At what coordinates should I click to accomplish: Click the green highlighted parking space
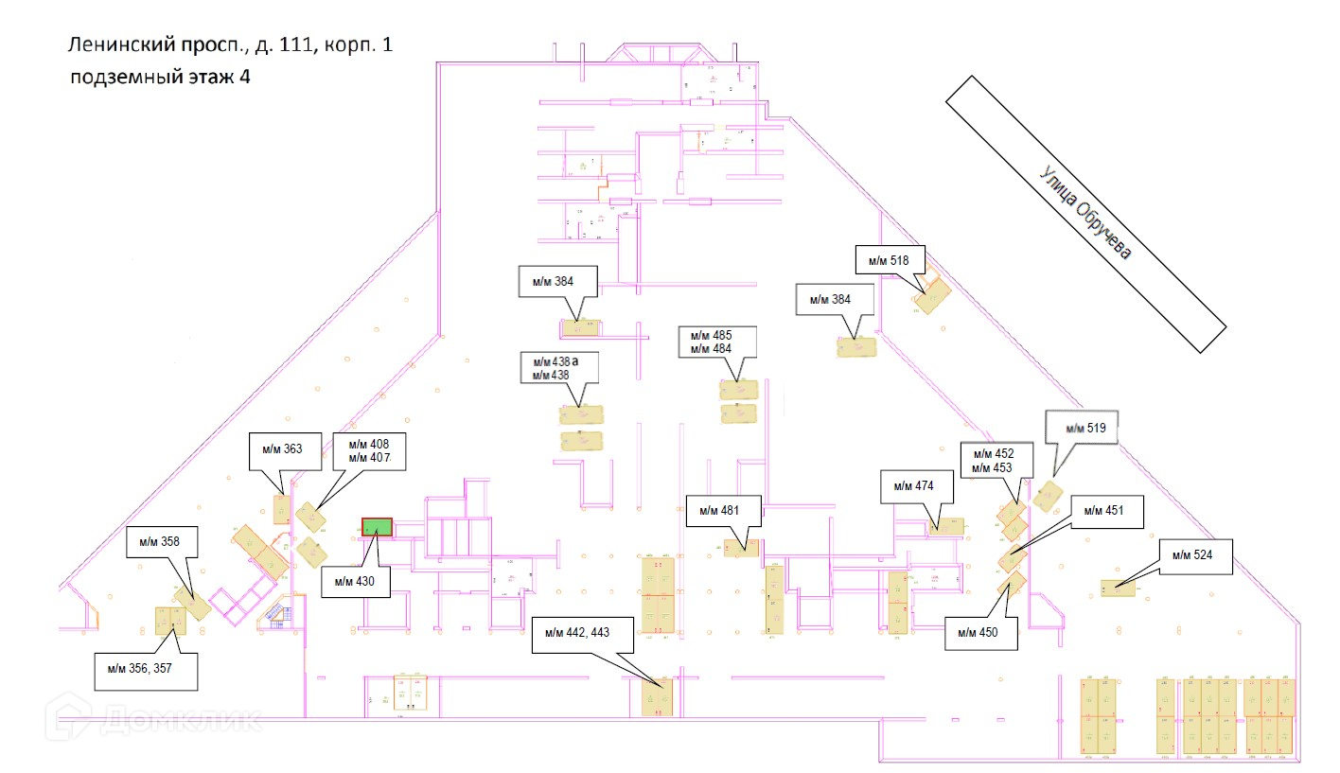(377, 526)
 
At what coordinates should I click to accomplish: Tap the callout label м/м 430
(355, 581)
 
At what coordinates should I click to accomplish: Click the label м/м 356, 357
(146, 671)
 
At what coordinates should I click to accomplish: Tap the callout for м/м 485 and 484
(718, 342)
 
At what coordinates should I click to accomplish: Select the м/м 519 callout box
(1081, 429)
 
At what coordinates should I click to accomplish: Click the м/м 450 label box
(981, 633)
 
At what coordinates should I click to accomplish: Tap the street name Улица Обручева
(1085, 214)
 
